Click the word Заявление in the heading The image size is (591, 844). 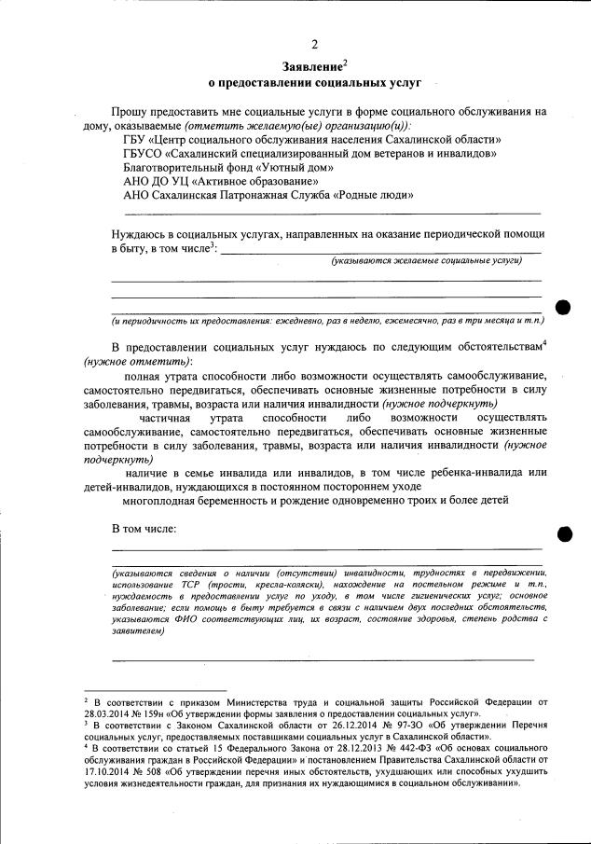[x=310, y=66]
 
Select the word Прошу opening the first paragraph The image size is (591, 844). [x=131, y=111]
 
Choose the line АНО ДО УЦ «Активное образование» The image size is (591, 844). [x=222, y=181]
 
